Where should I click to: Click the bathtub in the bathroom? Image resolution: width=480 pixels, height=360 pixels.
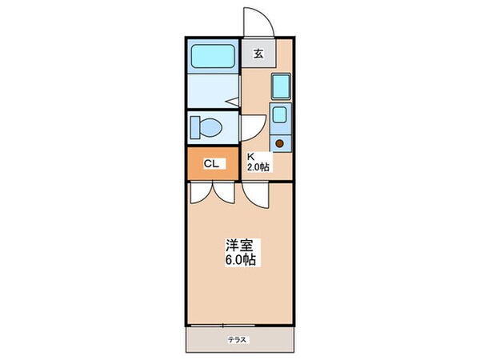(x=212, y=56)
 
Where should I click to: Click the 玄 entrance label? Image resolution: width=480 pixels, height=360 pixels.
(x=258, y=54)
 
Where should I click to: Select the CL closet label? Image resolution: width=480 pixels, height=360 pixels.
(x=211, y=163)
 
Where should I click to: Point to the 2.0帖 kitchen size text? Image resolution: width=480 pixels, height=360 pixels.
(x=258, y=166)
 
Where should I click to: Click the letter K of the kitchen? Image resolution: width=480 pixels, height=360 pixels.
(x=250, y=156)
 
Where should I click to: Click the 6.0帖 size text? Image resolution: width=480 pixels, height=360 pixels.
(x=240, y=262)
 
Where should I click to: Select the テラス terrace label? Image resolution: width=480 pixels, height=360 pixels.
(x=238, y=340)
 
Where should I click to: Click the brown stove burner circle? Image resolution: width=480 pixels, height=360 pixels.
(x=280, y=144)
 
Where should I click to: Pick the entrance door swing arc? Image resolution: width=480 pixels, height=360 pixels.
(x=259, y=20)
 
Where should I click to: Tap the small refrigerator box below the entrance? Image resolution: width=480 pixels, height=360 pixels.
(x=280, y=86)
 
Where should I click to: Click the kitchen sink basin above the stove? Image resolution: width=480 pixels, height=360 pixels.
(x=280, y=114)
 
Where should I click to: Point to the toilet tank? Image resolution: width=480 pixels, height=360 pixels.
(x=194, y=126)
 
